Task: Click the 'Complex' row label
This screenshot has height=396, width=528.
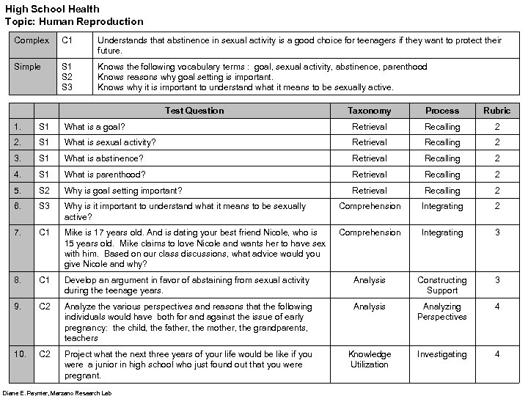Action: point(32,40)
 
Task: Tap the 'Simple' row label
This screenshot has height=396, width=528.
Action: point(28,67)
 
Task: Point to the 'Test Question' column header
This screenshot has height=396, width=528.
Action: point(194,111)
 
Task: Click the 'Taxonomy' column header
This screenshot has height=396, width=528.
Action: point(369,111)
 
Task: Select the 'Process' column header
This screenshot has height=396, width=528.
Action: point(442,111)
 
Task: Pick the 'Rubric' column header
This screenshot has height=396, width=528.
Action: point(496,111)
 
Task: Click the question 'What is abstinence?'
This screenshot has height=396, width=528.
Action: point(103,158)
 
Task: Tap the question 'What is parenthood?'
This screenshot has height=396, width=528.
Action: point(105,175)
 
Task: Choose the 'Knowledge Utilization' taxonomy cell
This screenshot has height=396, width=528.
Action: point(369,359)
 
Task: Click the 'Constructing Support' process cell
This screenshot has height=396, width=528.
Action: point(442,285)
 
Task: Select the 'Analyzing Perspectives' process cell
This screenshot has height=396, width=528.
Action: point(442,312)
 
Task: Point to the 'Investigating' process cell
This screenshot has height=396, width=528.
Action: point(442,354)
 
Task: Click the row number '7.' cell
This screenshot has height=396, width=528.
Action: point(20,232)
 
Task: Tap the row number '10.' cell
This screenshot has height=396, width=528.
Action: point(21,354)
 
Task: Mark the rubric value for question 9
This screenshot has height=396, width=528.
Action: point(496,307)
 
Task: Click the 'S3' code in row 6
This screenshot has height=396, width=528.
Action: point(45,207)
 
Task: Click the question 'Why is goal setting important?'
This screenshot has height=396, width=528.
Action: point(123,191)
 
